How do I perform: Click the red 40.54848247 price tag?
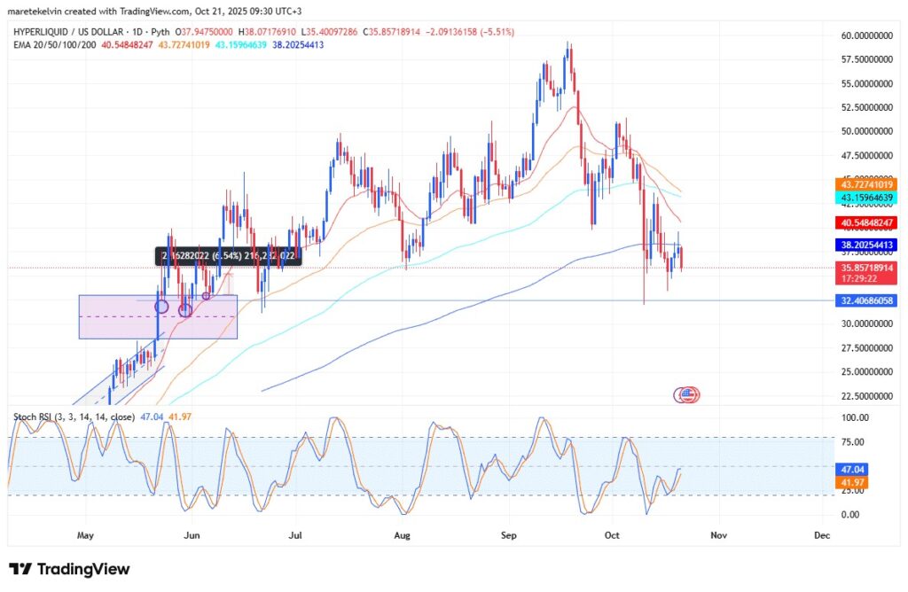(x=867, y=222)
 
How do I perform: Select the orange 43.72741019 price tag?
(x=867, y=183)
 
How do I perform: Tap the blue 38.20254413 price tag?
(x=867, y=245)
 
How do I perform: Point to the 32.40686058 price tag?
(x=867, y=301)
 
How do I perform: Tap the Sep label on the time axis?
(x=508, y=535)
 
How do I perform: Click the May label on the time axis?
(x=85, y=535)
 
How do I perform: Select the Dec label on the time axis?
(x=821, y=535)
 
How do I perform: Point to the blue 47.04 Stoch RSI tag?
(x=854, y=469)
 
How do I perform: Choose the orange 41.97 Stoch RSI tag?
(x=854, y=483)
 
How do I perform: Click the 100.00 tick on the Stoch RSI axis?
(x=853, y=417)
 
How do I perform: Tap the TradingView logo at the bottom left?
(x=69, y=569)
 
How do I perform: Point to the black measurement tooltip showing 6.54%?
(x=228, y=256)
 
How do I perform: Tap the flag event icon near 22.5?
(x=689, y=393)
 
